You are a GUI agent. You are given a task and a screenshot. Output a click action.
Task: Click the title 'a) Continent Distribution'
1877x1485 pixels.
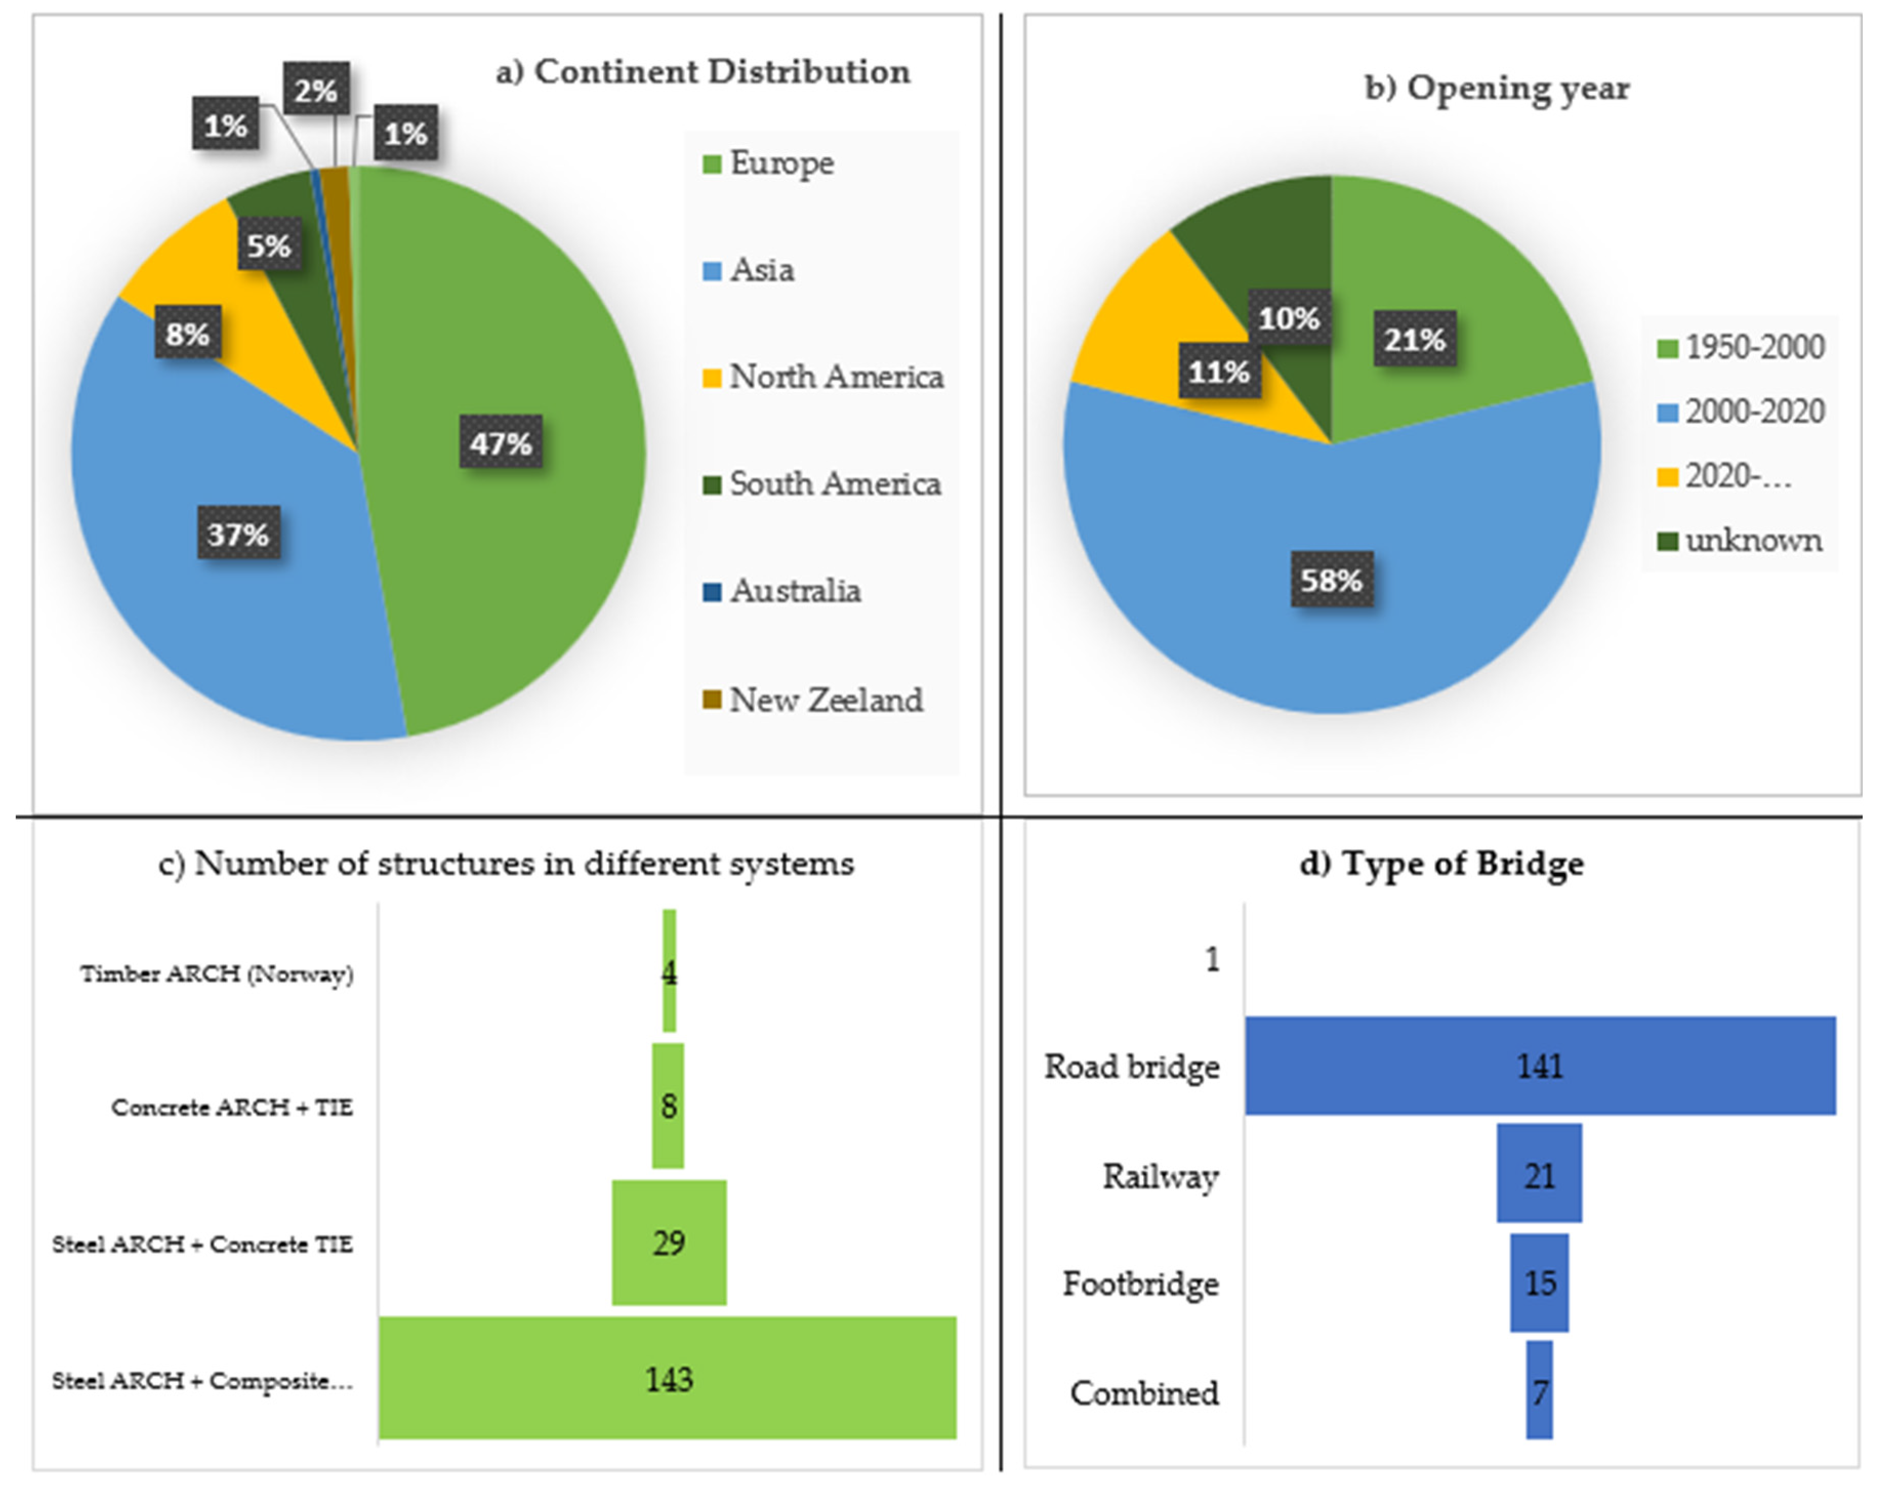pyautogui.click(x=703, y=71)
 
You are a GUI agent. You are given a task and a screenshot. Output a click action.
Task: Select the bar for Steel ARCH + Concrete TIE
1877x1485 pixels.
pyautogui.click(x=669, y=1243)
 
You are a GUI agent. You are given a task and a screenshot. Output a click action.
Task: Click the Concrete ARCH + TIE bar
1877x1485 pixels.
pyautogui.click(x=668, y=1106)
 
